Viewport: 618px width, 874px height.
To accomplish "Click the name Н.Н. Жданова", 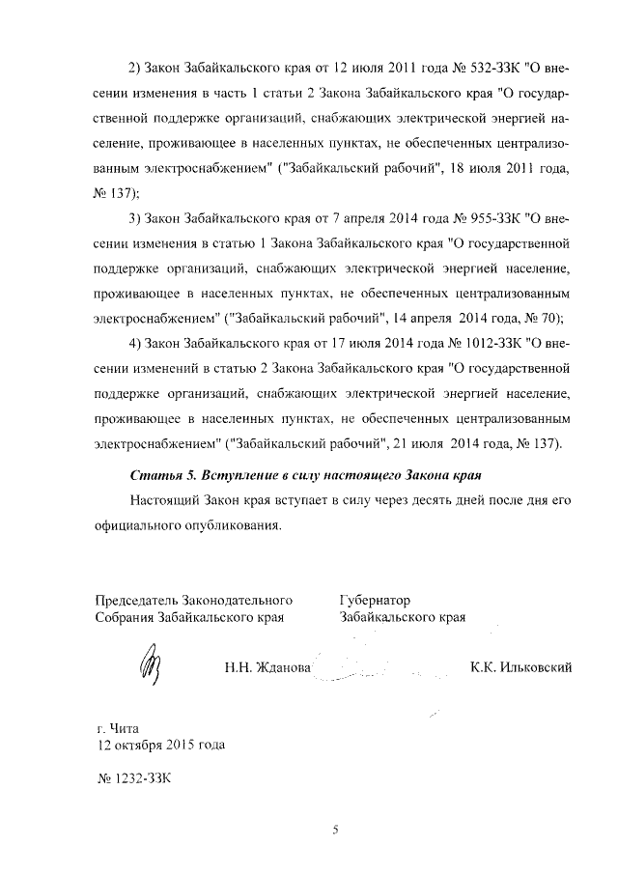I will pos(267,667).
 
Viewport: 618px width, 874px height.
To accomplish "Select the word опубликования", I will pos(233,526).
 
